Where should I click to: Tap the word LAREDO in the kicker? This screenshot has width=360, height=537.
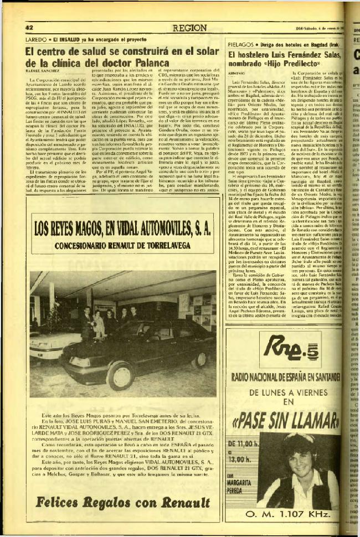tap(37, 40)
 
